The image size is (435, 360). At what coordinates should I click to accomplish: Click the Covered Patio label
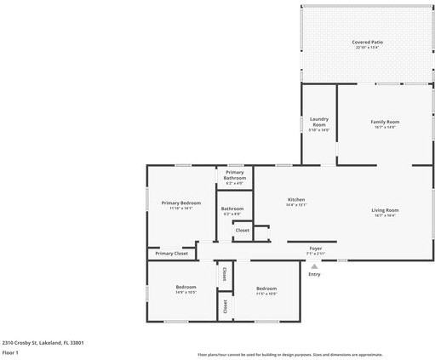[x=367, y=42]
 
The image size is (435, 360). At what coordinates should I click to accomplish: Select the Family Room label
[x=385, y=122]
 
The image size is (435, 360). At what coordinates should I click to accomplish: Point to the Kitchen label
[x=295, y=200]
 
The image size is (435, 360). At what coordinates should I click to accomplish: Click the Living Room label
[x=385, y=210]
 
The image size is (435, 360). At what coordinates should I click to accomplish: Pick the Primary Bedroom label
[x=180, y=203]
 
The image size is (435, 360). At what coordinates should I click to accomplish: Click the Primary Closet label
[x=171, y=253]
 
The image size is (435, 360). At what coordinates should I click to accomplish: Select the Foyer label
[x=316, y=249]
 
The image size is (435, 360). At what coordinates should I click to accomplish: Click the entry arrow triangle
[x=314, y=266]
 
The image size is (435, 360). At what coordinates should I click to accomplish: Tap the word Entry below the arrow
[x=314, y=274]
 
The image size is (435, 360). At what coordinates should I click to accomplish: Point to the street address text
[x=43, y=343]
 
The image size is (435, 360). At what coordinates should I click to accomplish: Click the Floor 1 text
[x=10, y=352]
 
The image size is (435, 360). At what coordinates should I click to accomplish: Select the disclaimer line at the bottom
[x=289, y=354]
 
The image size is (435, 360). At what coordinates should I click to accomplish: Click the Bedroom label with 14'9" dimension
[x=186, y=288]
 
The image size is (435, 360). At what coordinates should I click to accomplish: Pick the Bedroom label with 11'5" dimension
[x=266, y=289]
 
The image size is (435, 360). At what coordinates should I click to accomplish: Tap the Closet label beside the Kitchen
[x=242, y=230]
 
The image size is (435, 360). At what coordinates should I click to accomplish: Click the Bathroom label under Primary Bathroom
[x=232, y=209]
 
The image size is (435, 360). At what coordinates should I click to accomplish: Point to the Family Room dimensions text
[x=385, y=127]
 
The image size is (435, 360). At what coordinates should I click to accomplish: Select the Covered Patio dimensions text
[x=367, y=47]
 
